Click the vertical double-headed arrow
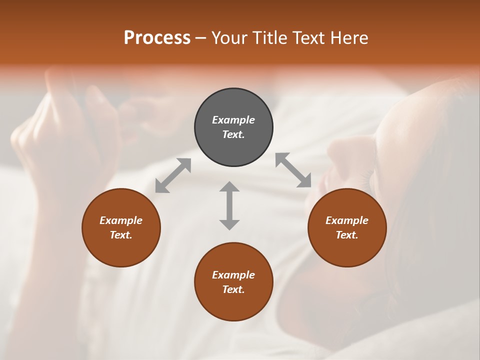click(x=229, y=205)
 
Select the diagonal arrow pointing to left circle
click(x=173, y=175)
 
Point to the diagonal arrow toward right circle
click(x=293, y=170)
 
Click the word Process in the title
click(x=157, y=38)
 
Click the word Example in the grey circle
click(x=233, y=120)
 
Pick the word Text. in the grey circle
click(x=233, y=134)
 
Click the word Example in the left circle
click(x=121, y=220)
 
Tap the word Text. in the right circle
click(x=347, y=235)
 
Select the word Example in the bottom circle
click(x=233, y=275)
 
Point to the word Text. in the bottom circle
click(x=233, y=289)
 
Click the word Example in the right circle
click(x=347, y=220)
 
